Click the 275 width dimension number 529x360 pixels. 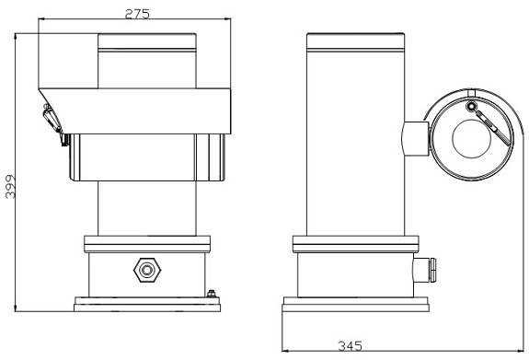click(137, 14)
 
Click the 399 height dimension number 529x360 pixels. click(10, 186)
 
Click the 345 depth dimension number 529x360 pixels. click(350, 346)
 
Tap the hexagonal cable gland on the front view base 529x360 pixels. click(147, 270)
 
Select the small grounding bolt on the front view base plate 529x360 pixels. click(212, 294)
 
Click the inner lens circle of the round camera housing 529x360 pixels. click(471, 139)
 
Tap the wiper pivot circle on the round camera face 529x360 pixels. click(471, 107)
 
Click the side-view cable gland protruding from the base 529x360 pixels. click(424, 270)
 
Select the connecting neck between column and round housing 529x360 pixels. click(415, 138)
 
